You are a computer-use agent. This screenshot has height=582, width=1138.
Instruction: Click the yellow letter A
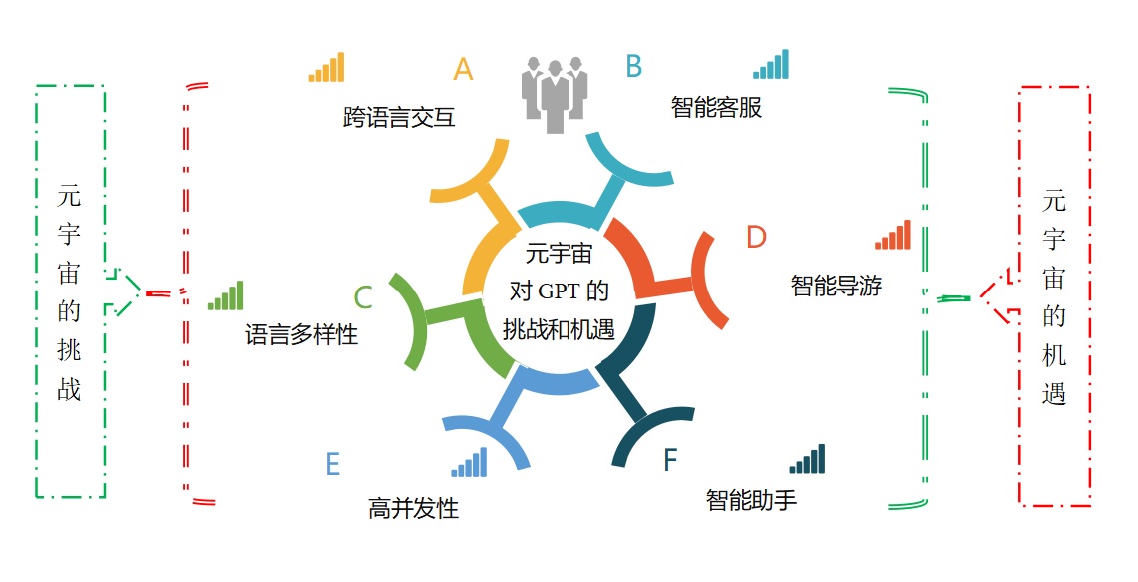pyautogui.click(x=463, y=69)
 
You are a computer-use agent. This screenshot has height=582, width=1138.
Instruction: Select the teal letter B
pyautogui.click(x=633, y=66)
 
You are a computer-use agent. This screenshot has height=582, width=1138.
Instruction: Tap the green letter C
pyautogui.click(x=363, y=297)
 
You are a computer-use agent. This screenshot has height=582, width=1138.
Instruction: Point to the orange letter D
pyautogui.click(x=756, y=237)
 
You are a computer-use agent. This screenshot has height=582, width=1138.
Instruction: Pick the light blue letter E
pyautogui.click(x=332, y=463)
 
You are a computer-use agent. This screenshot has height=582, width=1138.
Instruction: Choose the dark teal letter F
pyautogui.click(x=670, y=460)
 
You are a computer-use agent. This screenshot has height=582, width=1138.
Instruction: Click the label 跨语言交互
pyautogui.click(x=399, y=117)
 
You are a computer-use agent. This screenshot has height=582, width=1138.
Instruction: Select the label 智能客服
pyautogui.click(x=716, y=107)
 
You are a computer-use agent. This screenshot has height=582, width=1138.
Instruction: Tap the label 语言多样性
pyautogui.click(x=302, y=334)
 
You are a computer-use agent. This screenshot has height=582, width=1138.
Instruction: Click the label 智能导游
pyautogui.click(x=836, y=285)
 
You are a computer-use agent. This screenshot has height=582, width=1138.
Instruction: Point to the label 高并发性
pyautogui.click(x=413, y=507)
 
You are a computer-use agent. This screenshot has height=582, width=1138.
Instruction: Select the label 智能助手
pyautogui.click(x=751, y=500)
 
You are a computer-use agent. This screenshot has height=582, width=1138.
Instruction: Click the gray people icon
pyautogui.click(x=555, y=95)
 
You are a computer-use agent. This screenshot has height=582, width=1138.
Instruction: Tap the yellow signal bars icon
pyautogui.click(x=326, y=67)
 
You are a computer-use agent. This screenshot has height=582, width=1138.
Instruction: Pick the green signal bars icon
pyautogui.click(x=225, y=295)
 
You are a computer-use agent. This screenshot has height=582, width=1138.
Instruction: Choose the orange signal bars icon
pyautogui.click(x=893, y=235)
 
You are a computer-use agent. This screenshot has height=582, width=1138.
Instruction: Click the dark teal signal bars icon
pyautogui.click(x=807, y=459)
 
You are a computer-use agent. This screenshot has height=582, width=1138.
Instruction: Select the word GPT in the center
pyautogui.click(x=559, y=291)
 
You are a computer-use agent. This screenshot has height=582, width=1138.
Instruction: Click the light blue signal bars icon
pyautogui.click(x=469, y=463)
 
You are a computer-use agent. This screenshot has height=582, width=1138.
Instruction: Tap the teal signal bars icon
pyautogui.click(x=771, y=64)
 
